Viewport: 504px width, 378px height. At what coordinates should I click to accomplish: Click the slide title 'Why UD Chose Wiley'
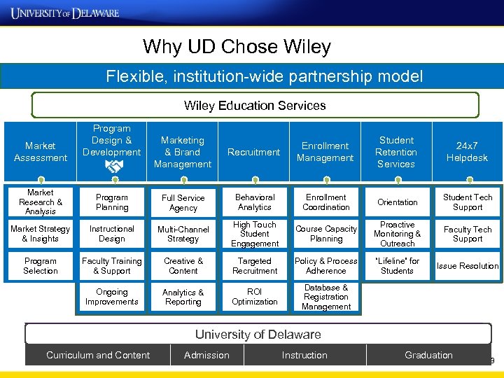pyautogui.click(x=237, y=47)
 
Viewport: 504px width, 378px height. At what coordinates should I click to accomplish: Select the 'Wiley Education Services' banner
pyautogui.click(x=255, y=106)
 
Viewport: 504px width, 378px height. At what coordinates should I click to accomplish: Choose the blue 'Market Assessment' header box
pyautogui.click(x=41, y=152)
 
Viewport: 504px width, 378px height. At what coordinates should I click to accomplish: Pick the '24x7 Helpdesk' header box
pyautogui.click(x=468, y=152)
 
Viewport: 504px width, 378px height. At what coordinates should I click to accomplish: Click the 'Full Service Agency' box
pyautogui.click(x=183, y=202)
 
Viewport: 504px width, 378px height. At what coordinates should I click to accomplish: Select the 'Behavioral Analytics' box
pyautogui.click(x=255, y=202)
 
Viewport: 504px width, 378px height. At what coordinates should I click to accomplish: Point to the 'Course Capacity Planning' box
pyautogui.click(x=326, y=234)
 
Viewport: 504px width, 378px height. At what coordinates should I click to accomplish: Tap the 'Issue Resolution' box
pyautogui.click(x=468, y=266)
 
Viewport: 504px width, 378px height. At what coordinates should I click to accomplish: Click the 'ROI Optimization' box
pyautogui.click(x=255, y=297)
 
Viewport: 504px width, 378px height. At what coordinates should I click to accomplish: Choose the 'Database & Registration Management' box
pyautogui.click(x=326, y=297)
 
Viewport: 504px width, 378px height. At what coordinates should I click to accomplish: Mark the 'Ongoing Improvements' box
pyautogui.click(x=112, y=297)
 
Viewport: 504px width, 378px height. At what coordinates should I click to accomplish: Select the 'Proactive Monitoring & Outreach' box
pyautogui.click(x=397, y=234)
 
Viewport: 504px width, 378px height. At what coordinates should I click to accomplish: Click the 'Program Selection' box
pyautogui.click(x=41, y=266)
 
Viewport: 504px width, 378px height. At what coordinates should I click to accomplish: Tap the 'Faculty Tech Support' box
pyautogui.click(x=468, y=234)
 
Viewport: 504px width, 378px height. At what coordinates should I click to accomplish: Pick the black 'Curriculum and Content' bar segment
pyautogui.click(x=98, y=355)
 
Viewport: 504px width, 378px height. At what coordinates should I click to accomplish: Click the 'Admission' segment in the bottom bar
pyautogui.click(x=206, y=355)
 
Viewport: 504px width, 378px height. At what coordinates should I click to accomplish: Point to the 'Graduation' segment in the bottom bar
pyautogui.click(x=428, y=355)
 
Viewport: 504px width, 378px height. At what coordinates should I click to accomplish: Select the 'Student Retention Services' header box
pyautogui.click(x=396, y=152)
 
